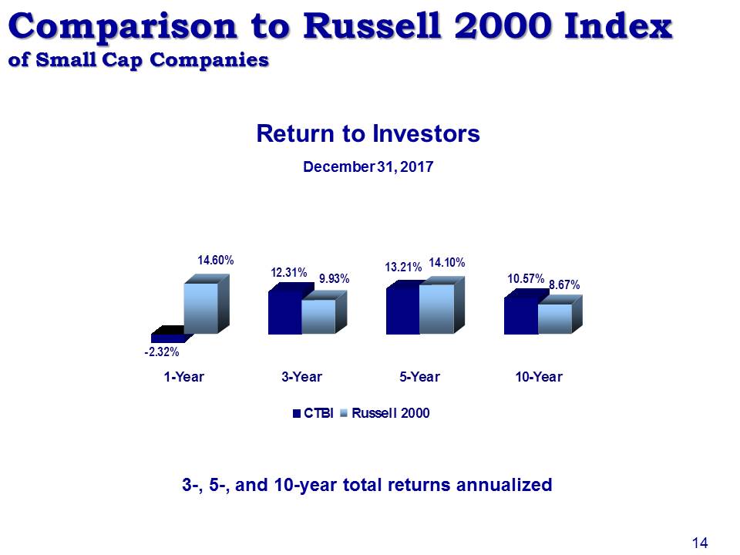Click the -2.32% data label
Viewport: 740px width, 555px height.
coord(161,352)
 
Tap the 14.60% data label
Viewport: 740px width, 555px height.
coord(216,261)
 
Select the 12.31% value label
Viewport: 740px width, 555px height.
coord(289,273)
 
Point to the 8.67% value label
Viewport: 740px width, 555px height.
coord(564,285)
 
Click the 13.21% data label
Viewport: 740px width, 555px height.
coord(403,267)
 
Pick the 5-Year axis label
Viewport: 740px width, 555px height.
coord(419,377)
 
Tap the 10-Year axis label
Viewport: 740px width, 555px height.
coord(539,377)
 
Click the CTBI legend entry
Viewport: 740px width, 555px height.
coord(313,413)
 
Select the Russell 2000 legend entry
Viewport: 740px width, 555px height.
coord(385,413)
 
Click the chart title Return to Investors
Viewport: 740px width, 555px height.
coord(368,133)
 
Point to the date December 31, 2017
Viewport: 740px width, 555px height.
coord(368,167)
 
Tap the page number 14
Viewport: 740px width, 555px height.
coord(700,543)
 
